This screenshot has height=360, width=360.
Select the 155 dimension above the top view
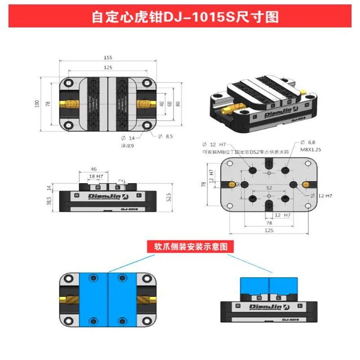pos(108,58)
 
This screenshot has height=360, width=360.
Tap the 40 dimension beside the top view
pos(161,103)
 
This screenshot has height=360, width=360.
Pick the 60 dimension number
pos(170,103)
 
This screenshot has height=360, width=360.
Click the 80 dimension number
pos(178,103)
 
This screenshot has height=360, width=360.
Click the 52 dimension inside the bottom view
pos(269,187)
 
